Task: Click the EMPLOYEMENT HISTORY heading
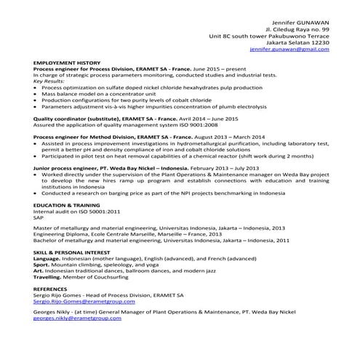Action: (x=67, y=63)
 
